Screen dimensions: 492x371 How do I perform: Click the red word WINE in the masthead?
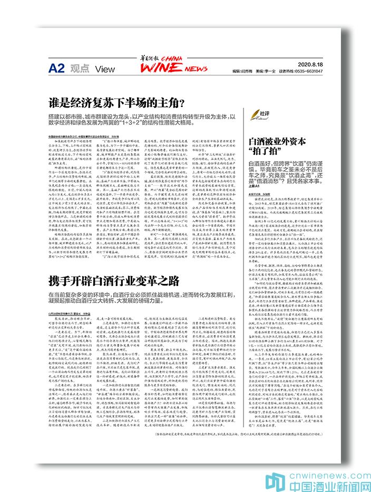pos(159,68)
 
